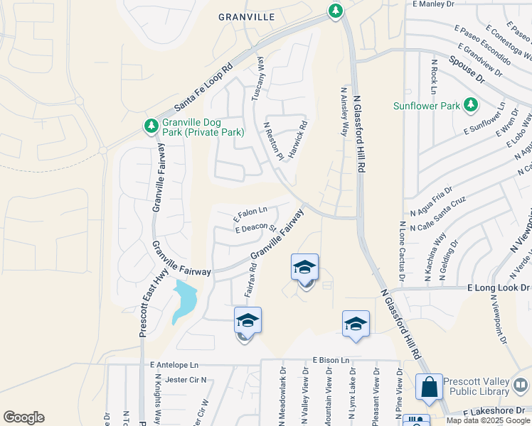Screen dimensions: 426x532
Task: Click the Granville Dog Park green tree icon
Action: coord(151,126)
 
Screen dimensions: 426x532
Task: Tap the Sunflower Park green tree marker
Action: coord(470,106)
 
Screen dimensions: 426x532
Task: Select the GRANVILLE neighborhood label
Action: coord(246,17)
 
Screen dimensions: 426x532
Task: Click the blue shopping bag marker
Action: coord(430,388)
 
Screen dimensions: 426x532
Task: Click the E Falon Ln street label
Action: coord(251,212)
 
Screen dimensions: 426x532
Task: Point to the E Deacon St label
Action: coord(255,228)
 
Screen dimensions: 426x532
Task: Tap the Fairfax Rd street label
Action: coord(250,280)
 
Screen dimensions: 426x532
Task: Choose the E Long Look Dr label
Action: coord(499,288)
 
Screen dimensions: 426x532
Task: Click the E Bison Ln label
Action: coord(331,361)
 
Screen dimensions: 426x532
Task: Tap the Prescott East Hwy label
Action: coord(146,284)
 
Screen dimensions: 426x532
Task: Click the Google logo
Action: coord(23,417)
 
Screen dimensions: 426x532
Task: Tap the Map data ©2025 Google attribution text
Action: coord(488,420)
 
